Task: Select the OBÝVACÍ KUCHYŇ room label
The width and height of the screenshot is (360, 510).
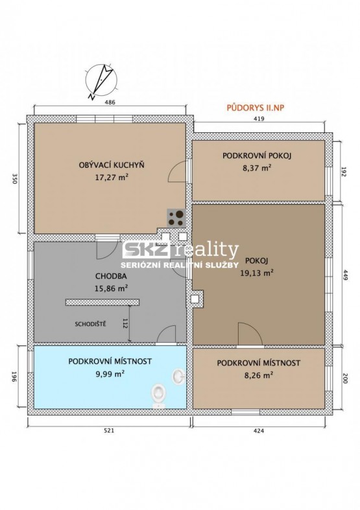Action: pyautogui.click(x=112, y=165)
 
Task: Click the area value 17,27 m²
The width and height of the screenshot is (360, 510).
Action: pyautogui.click(x=112, y=178)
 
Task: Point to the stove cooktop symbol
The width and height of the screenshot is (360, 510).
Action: pyautogui.click(x=176, y=218)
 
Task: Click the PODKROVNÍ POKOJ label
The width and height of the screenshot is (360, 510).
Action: pyautogui.click(x=257, y=156)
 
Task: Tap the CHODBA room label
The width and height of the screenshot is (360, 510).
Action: pyautogui.click(x=111, y=276)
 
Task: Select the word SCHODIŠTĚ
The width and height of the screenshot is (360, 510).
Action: pyautogui.click(x=91, y=324)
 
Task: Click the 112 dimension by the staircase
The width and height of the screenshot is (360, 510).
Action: pyautogui.click(x=125, y=323)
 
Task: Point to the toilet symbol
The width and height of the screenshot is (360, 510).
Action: pyautogui.click(x=158, y=395)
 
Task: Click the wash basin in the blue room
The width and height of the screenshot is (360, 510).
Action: pyautogui.click(x=178, y=377)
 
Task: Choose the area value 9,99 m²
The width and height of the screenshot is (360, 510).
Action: pyautogui.click(x=110, y=374)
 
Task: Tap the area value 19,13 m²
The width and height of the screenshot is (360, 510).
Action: pyautogui.click(x=257, y=273)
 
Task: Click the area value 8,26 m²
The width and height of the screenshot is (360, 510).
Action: pyautogui.click(x=258, y=375)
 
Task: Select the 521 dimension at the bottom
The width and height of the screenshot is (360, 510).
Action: pyautogui.click(x=109, y=430)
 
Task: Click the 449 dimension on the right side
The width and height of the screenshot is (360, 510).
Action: pyautogui.click(x=345, y=275)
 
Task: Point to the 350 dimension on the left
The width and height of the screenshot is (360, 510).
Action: pyautogui.click(x=14, y=179)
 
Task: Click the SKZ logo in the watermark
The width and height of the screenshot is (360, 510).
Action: pyautogui.click(x=146, y=250)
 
